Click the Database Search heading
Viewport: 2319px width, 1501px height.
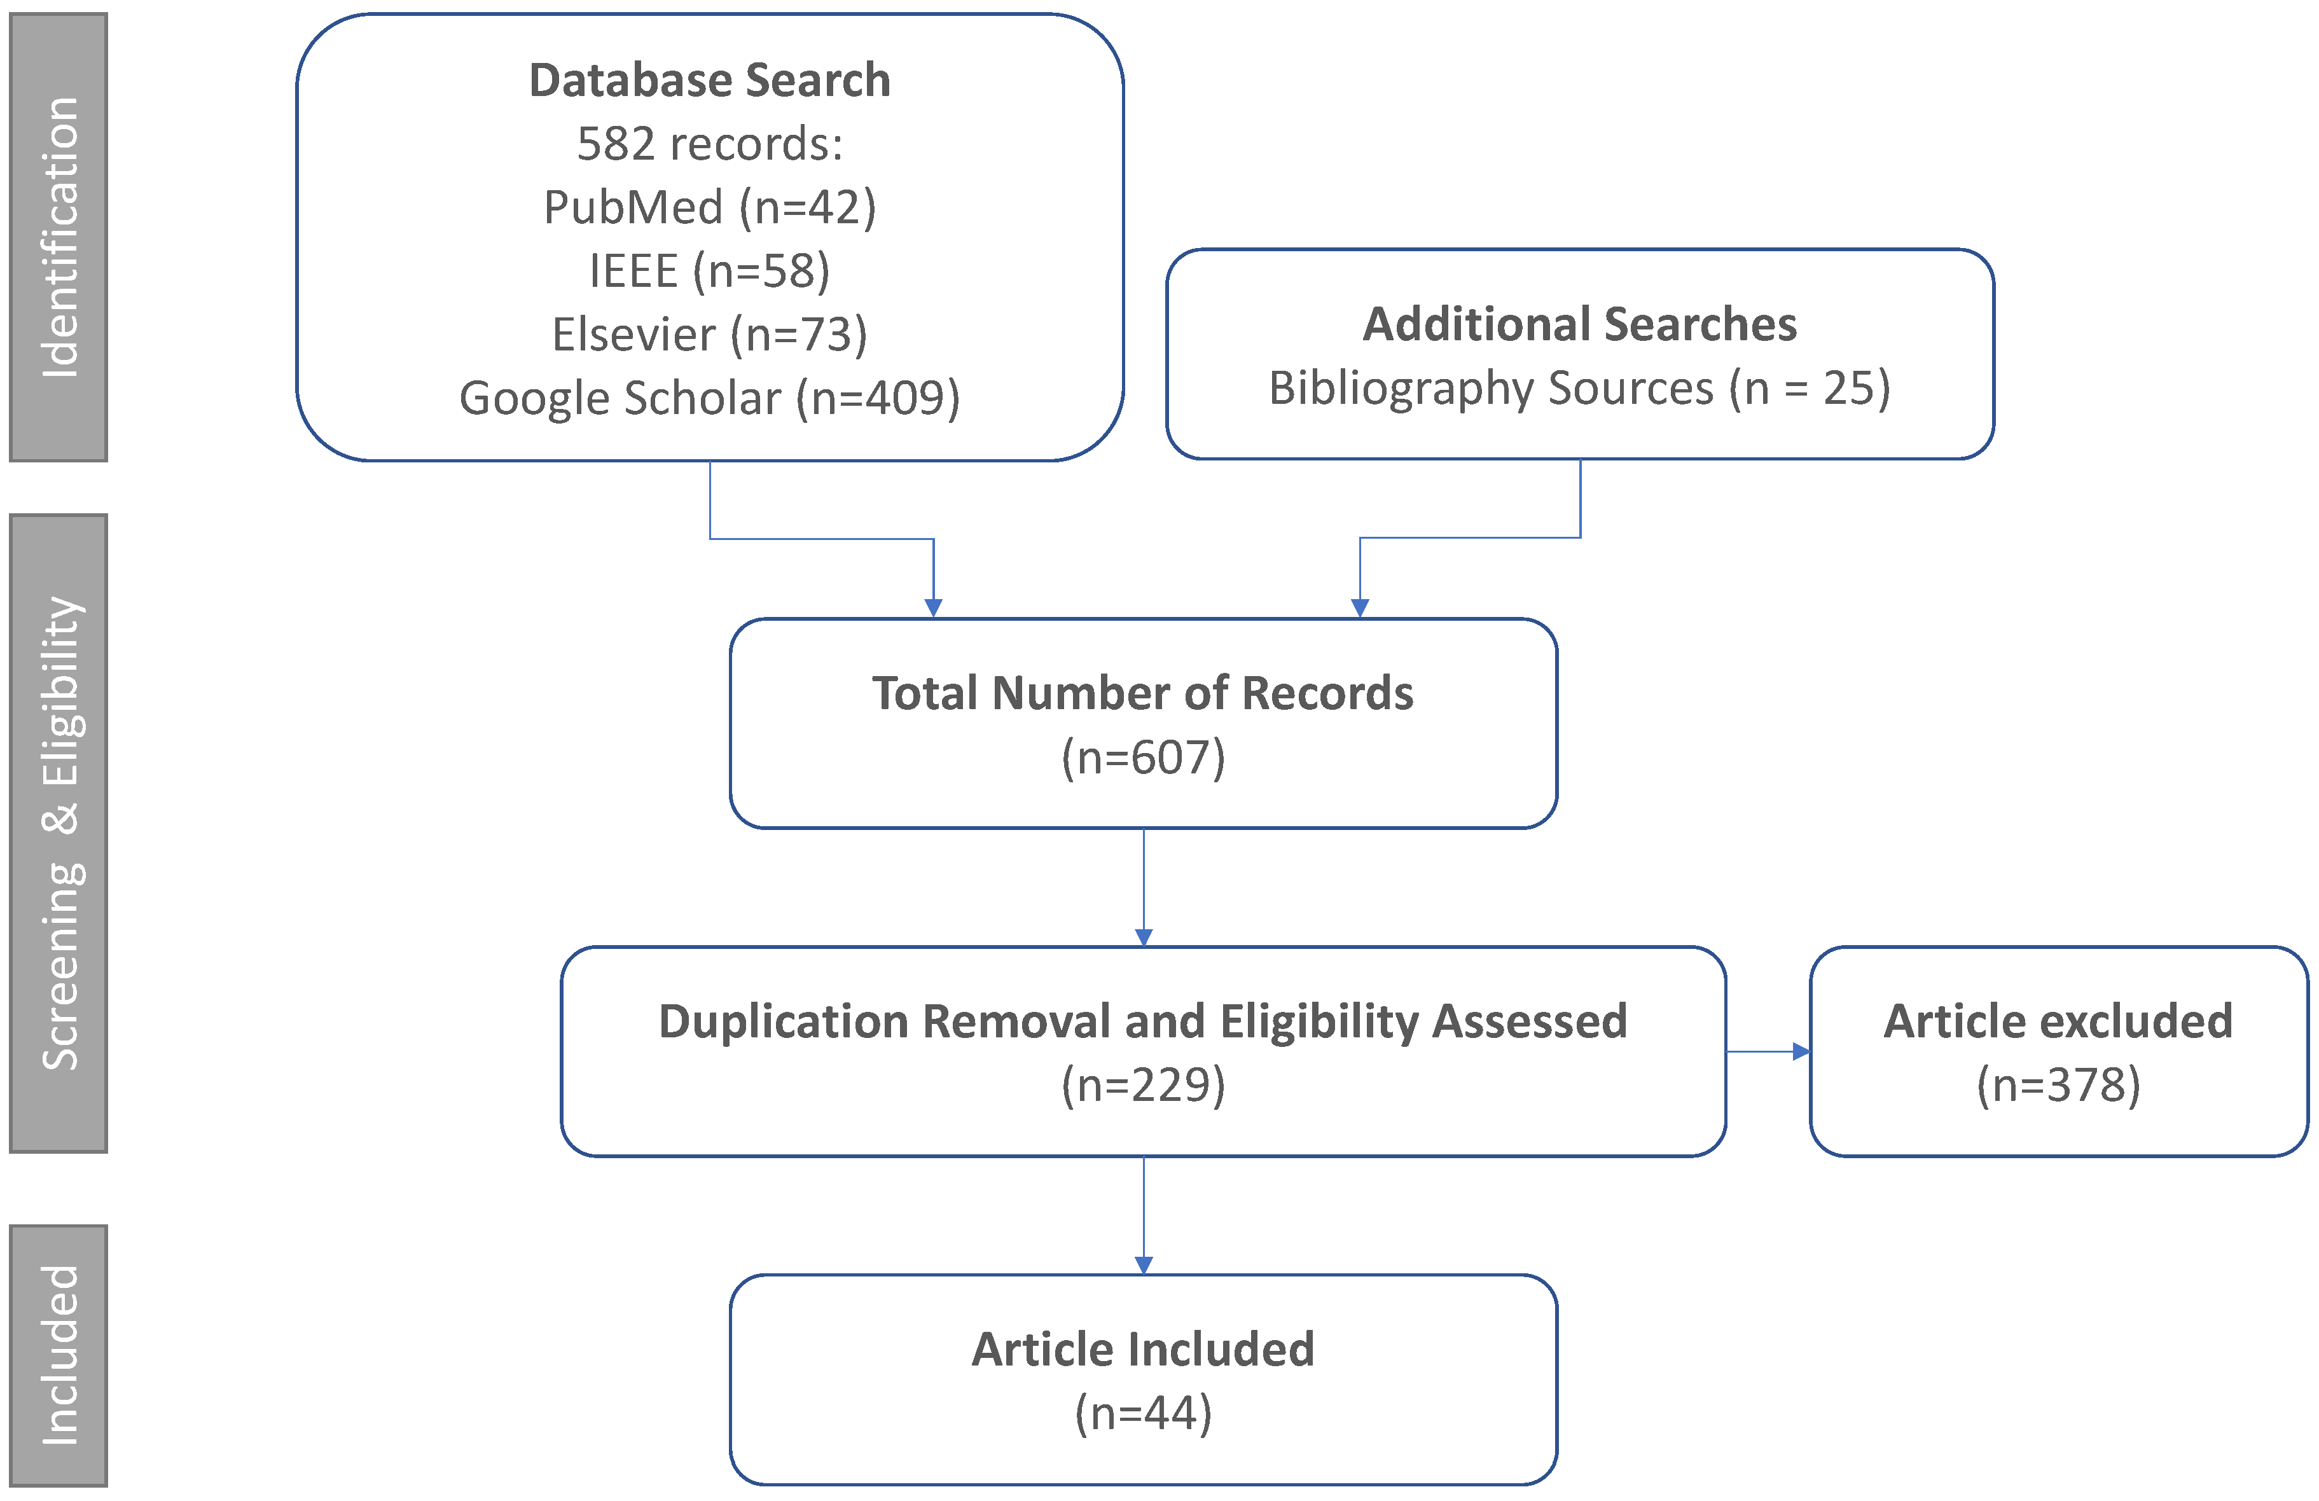[x=709, y=80]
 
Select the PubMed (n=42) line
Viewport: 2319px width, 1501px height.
[x=709, y=207]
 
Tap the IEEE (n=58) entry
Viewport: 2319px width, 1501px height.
[x=709, y=271]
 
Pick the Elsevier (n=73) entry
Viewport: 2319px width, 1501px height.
[x=709, y=334]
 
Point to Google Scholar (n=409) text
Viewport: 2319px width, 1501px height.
[x=709, y=398]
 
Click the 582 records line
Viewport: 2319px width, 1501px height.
[x=709, y=144]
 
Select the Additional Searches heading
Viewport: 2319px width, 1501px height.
[x=1579, y=324]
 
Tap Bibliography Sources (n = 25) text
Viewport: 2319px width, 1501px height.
[x=1579, y=388]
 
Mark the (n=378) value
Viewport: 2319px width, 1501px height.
[x=2058, y=1084]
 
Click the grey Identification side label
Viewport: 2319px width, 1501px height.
[x=59, y=237]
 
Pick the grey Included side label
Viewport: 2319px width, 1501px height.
[x=59, y=1355]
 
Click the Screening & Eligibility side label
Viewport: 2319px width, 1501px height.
[x=59, y=833]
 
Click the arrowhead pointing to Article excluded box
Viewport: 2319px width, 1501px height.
[x=1801, y=1052]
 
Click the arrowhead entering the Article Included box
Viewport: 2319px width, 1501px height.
[x=1144, y=1264]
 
